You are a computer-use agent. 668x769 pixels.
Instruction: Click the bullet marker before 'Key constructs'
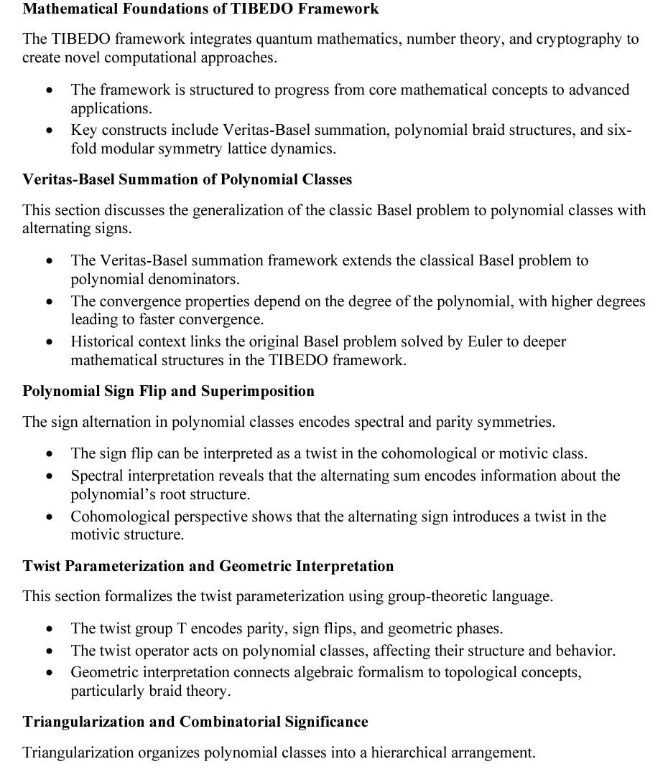pos(49,131)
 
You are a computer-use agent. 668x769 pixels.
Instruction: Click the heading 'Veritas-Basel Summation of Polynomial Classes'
pos(187,179)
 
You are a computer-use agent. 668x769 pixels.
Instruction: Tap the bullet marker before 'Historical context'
pos(49,343)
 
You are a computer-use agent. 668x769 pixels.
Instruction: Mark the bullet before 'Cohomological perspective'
pos(49,518)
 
